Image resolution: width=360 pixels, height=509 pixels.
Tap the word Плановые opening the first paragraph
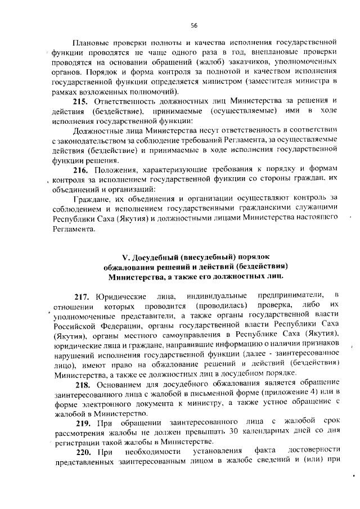coord(92,42)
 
